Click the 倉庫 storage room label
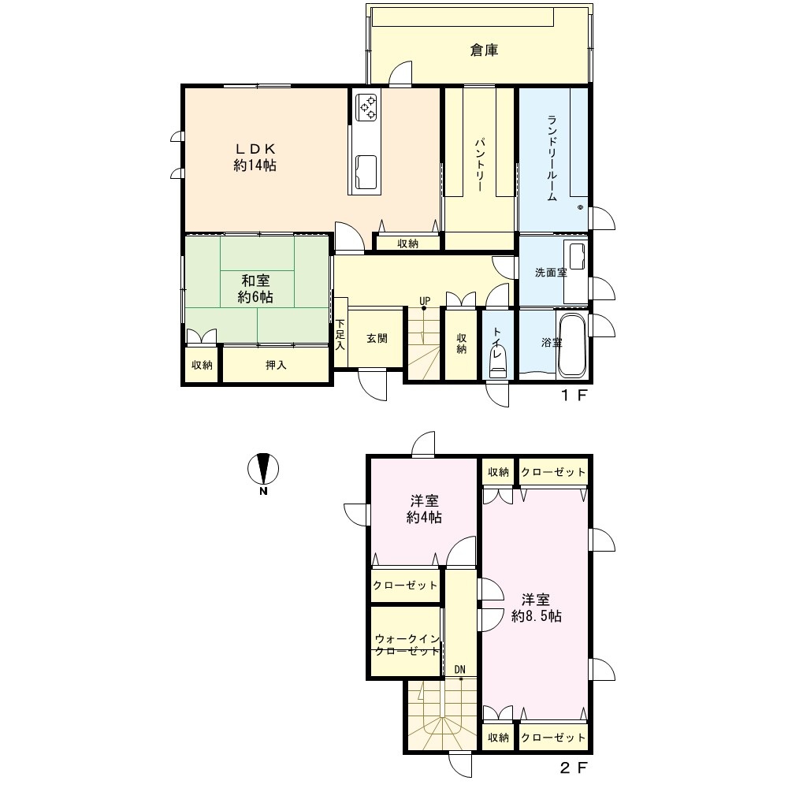click(484, 50)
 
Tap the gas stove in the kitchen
click(366, 107)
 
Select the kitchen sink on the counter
click(366, 172)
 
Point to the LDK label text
click(255, 149)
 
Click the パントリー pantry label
click(479, 164)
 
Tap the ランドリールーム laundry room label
click(552, 158)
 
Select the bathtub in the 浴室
click(572, 345)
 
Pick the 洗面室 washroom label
click(551, 273)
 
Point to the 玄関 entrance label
click(377, 339)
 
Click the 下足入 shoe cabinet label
click(340, 334)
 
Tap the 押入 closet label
click(276, 366)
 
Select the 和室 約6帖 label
click(255, 289)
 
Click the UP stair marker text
click(425, 301)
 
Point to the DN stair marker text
click(460, 669)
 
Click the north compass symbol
click(263, 470)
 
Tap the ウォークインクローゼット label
click(407, 645)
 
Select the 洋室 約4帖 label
click(424, 509)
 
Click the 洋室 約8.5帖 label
click(536, 608)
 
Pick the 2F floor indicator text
click(574, 768)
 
